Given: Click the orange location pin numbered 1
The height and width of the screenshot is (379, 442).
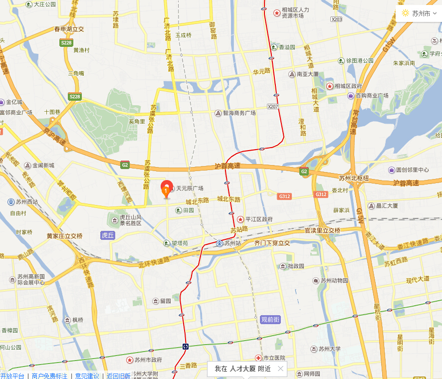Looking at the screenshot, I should pos(166,189).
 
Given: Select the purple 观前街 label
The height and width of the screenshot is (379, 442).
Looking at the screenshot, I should pos(271,319).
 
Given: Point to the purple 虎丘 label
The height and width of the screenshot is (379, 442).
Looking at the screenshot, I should pos(108,235).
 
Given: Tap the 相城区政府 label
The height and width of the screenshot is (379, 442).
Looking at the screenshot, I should pos(348,86).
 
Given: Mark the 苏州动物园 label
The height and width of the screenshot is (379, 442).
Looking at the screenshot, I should pos(334,280).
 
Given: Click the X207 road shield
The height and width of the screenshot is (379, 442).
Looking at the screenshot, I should pos(272,106).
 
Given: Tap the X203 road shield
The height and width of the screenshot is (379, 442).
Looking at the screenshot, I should pos(337,19).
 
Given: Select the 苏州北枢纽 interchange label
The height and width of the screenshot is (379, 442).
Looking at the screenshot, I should pos(354,178).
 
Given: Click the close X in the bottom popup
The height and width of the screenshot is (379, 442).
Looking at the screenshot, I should pos(280,369).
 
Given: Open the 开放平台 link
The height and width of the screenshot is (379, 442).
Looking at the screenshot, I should pos(12,376).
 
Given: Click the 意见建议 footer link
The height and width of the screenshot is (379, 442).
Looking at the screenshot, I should pos(87,376).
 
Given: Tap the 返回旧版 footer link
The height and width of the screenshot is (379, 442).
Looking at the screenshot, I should pos(118,376).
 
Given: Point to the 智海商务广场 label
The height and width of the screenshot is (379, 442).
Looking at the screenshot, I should pos(239,113).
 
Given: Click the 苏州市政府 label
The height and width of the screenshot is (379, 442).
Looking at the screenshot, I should pos(148,360).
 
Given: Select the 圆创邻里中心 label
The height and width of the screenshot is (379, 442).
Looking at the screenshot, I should pos(412,170).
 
